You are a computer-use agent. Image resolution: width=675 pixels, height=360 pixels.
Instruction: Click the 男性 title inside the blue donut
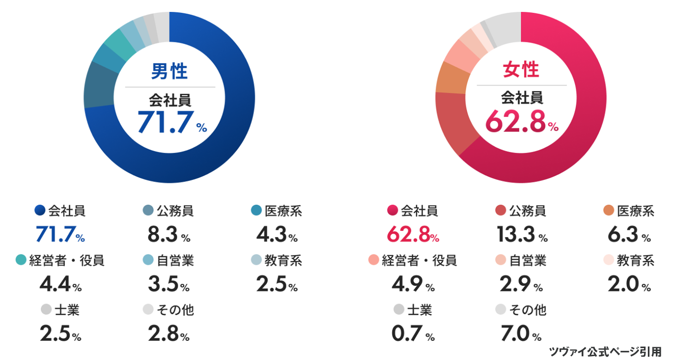169,71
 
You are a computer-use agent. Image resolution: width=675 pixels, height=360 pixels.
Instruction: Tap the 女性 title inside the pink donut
521,70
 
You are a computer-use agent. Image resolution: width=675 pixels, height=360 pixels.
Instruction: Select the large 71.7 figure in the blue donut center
166,122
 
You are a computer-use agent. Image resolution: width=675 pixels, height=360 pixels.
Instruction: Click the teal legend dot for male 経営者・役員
20,260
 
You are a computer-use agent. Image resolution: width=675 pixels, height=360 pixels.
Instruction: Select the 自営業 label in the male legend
175,260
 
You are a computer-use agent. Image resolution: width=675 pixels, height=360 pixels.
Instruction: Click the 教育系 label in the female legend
635,260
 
